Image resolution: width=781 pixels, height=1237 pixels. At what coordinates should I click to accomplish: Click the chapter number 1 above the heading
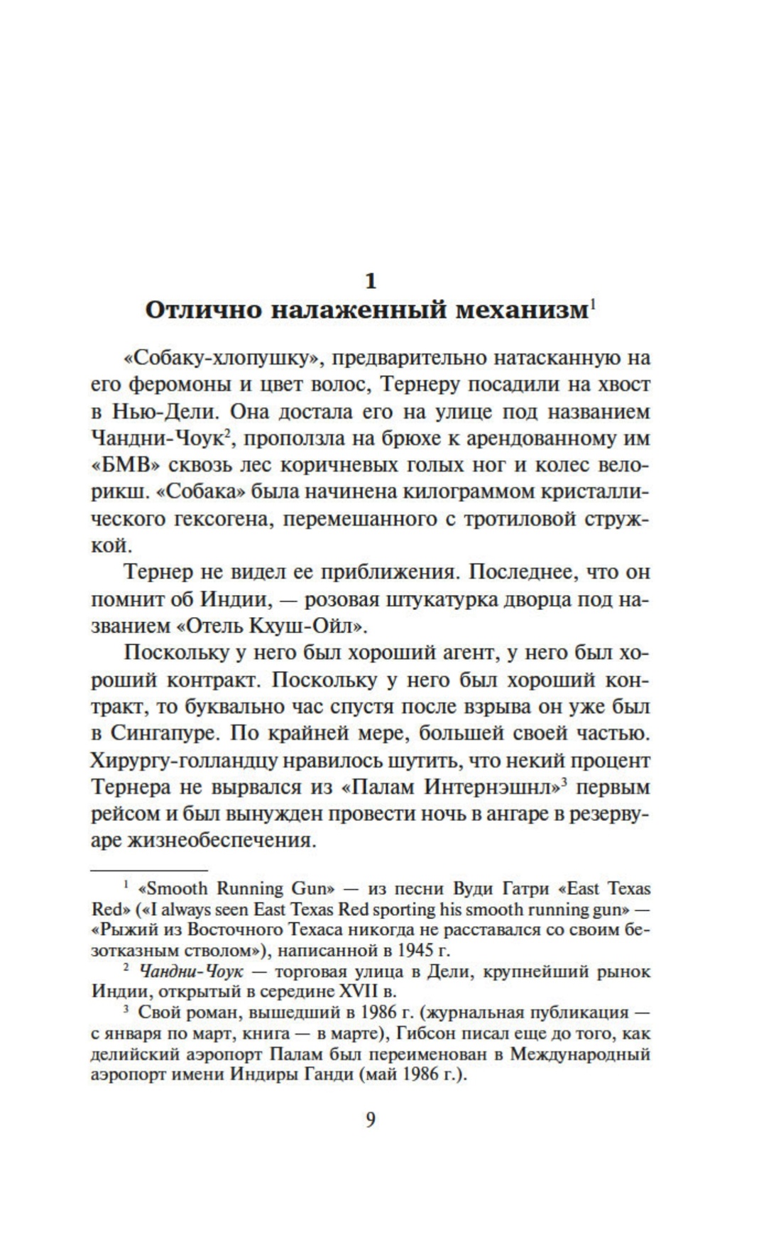pyautogui.click(x=370, y=281)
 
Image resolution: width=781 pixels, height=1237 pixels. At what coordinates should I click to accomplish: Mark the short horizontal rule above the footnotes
pyautogui.click(x=150, y=868)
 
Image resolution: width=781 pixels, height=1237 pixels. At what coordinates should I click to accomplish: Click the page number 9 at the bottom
pyautogui.click(x=370, y=1120)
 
